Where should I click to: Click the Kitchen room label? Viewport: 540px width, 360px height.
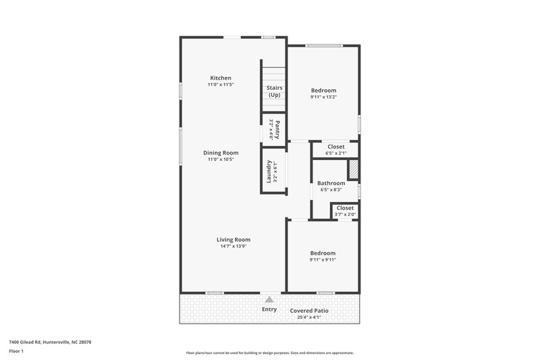coord(221,78)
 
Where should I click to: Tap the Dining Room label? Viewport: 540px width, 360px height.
coord(221,153)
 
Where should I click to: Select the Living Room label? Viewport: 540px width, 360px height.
coord(234,239)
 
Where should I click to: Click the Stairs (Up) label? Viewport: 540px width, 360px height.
coord(274,91)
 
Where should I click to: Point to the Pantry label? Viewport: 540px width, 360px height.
coord(277,128)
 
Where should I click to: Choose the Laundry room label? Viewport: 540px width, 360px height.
coord(269,172)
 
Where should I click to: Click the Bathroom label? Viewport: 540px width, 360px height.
coord(331,183)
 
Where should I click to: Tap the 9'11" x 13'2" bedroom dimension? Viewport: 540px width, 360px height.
coord(323,97)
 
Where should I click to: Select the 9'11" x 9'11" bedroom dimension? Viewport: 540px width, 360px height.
coord(323,259)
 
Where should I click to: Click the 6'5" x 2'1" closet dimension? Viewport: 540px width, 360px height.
coord(335,153)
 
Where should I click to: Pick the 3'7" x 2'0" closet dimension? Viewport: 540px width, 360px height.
coord(345,215)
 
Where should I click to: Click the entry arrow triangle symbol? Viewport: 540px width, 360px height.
coord(269,299)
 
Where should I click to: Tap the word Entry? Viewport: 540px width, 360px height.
coord(269,309)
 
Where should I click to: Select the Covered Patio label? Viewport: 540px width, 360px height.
coord(310,310)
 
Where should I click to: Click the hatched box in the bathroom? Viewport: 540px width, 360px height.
coord(353,170)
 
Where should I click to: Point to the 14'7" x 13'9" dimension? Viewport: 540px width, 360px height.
coord(234,246)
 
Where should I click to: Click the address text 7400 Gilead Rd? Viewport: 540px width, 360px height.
coord(49,342)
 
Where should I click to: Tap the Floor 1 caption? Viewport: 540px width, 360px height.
coord(16,351)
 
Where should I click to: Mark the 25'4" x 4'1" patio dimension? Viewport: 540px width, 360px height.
coord(310,317)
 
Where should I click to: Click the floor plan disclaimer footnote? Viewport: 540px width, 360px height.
coord(269,353)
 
